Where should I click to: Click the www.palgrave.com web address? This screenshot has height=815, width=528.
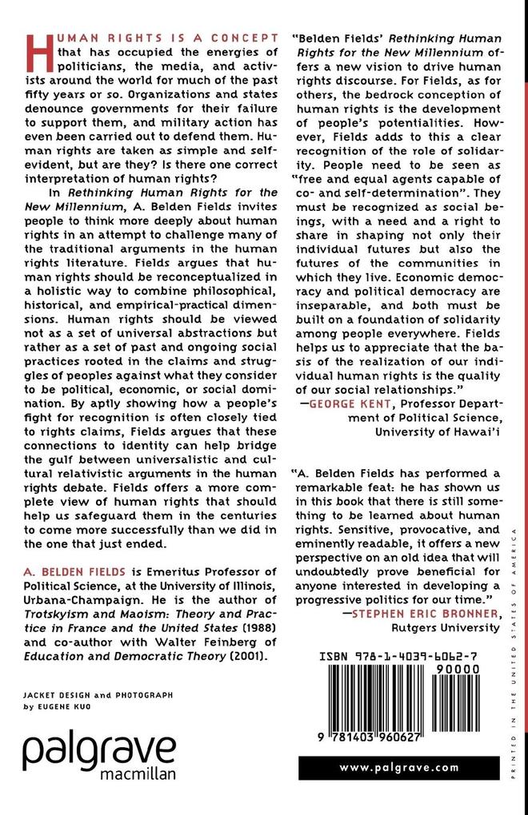point(398,767)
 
